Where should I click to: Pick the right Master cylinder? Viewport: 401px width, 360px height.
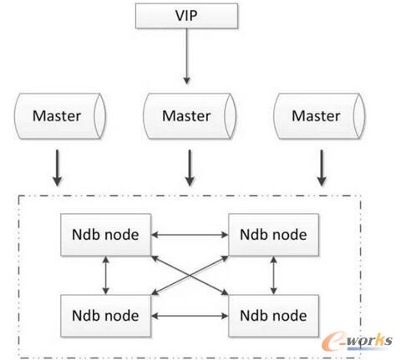(318, 114)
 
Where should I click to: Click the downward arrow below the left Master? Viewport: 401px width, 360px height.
(57, 167)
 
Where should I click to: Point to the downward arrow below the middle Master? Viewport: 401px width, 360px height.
(190, 167)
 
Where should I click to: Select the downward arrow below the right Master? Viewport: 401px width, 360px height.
(318, 167)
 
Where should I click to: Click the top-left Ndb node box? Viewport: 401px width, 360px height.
(104, 235)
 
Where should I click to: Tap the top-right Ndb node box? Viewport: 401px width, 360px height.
(273, 235)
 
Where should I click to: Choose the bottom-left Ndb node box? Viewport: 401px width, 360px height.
(104, 315)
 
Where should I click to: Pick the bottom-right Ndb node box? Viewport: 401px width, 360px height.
(273, 315)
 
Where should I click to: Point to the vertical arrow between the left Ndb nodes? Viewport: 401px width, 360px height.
(105, 275)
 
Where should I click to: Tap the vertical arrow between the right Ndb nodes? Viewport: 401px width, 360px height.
(274, 275)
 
